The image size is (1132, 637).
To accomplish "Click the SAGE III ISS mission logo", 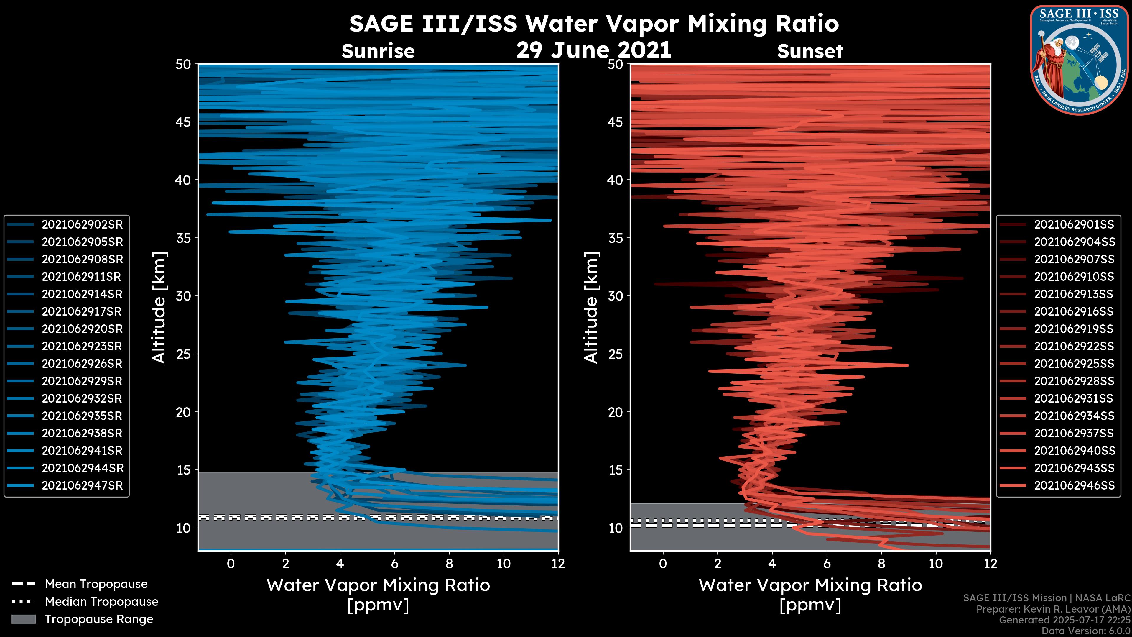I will (1079, 60).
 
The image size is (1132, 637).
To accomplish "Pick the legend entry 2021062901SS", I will (1074, 225).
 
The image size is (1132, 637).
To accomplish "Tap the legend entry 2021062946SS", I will (1074, 486).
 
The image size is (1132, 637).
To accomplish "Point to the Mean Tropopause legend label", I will (96, 584).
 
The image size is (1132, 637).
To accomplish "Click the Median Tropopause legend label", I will (101, 602).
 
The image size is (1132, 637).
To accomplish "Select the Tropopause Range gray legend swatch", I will (23, 619).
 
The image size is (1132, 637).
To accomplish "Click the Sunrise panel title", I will (378, 51).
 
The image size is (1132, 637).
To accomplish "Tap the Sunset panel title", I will (810, 51).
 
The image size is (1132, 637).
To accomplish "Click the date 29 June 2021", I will (594, 50).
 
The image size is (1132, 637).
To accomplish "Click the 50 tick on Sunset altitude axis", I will (616, 64).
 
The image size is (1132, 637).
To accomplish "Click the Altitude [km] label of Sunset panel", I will (591, 308).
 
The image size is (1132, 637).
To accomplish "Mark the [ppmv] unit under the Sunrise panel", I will (378, 605).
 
